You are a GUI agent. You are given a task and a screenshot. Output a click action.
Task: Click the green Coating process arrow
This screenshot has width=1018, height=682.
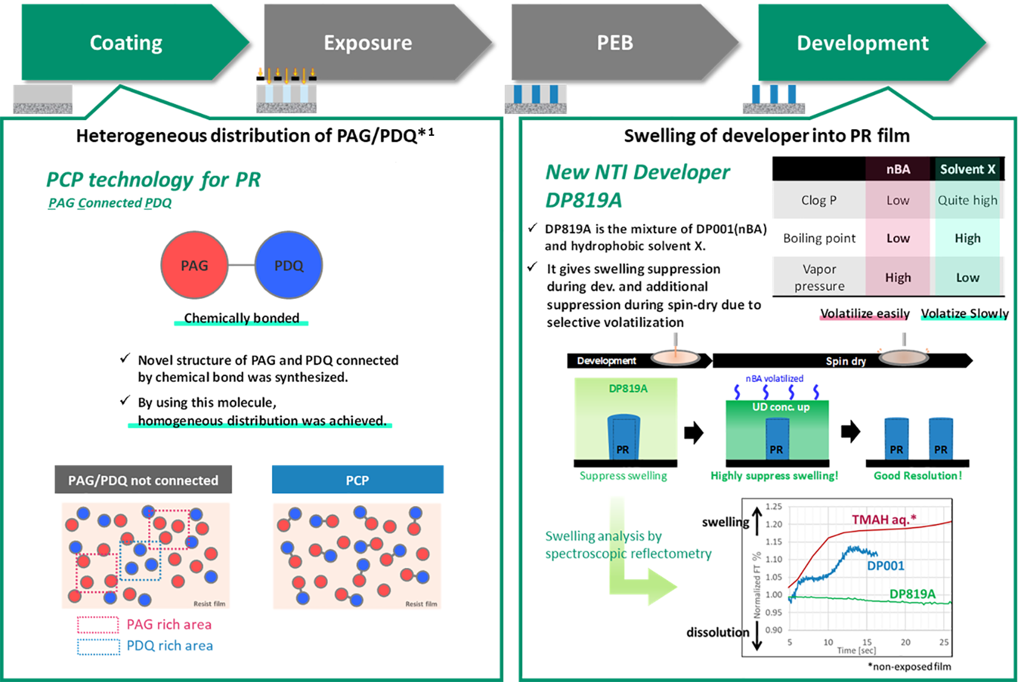coord(126,43)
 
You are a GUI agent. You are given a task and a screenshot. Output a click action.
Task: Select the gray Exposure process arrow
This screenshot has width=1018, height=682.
coord(368,43)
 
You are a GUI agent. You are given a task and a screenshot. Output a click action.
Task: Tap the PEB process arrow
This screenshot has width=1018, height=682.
coord(615,43)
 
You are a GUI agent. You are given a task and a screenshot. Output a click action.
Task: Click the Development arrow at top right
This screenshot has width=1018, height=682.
coord(862,43)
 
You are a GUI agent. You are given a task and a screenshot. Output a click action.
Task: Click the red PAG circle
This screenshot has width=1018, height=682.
coord(194,266)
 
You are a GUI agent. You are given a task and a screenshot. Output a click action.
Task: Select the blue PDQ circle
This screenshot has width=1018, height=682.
coord(288,266)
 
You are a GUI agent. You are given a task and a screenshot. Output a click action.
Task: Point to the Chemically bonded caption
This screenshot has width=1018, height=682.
coord(241,318)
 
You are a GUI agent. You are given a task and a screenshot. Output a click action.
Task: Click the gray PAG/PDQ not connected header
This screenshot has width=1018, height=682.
coord(143,480)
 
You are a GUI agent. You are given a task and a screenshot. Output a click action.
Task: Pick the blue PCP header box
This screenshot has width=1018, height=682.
coord(358,480)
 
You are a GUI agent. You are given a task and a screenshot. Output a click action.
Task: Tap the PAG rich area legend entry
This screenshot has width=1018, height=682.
coord(168,624)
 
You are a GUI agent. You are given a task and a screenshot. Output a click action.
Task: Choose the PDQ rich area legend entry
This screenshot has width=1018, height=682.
coord(169,646)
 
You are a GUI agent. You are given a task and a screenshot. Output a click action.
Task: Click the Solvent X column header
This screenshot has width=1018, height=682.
coord(967,169)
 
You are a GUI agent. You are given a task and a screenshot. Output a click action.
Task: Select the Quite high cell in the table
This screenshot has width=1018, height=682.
coord(967,200)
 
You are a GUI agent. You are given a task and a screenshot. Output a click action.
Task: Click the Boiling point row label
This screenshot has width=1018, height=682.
coord(819,238)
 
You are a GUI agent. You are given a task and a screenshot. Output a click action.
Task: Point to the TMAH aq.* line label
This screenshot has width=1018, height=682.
coord(883,520)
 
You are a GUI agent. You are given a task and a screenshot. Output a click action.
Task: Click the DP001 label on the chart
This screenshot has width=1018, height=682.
coord(885,566)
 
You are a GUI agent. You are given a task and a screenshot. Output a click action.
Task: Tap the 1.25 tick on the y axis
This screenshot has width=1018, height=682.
coord(773,507)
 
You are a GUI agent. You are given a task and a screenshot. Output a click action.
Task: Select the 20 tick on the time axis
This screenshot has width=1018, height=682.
coord(905,642)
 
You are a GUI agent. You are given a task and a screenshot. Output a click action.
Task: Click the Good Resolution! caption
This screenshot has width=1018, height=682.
coord(917,476)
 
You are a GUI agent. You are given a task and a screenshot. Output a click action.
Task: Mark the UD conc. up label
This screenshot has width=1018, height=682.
coord(780,407)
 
